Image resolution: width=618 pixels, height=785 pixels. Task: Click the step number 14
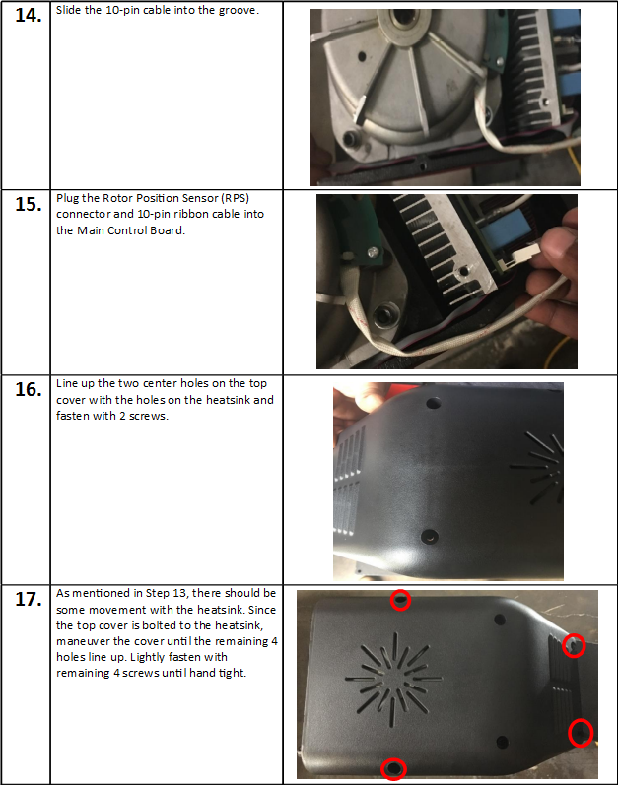click(x=28, y=15)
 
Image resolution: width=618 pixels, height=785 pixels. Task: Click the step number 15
click(x=28, y=204)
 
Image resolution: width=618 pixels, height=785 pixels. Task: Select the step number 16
click(x=28, y=389)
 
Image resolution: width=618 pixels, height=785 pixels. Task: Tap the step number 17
click(x=28, y=599)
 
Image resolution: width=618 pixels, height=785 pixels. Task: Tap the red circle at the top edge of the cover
click(x=400, y=600)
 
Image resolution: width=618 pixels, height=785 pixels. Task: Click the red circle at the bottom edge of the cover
click(x=393, y=769)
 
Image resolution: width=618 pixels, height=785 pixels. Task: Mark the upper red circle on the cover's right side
click(x=574, y=645)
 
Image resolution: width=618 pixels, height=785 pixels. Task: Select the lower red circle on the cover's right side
click(x=581, y=733)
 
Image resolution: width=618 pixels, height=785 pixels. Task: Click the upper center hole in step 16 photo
click(x=433, y=403)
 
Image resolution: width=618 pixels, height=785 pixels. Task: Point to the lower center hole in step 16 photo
click(x=429, y=537)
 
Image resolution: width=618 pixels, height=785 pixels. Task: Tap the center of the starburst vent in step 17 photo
click(x=394, y=679)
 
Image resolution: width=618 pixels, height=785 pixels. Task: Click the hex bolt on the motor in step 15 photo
click(x=384, y=315)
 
